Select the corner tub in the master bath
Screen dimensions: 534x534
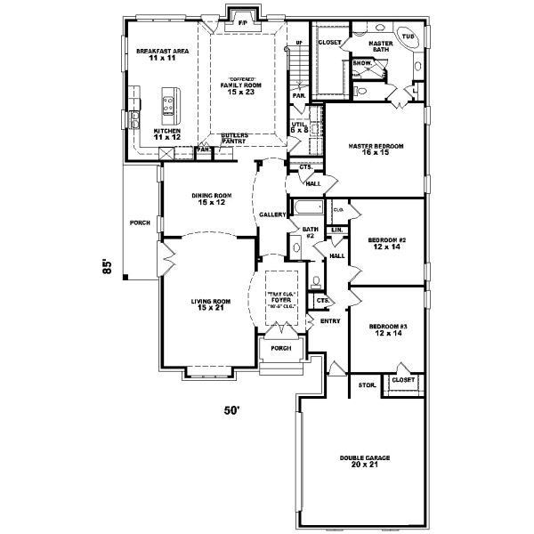point(409,39)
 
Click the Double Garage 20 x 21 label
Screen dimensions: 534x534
point(365,462)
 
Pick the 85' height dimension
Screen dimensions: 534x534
point(106,267)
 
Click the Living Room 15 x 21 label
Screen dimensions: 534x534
point(211,305)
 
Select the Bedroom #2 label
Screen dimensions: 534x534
point(387,243)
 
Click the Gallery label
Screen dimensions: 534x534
point(271,215)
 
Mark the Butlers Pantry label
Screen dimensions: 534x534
point(234,138)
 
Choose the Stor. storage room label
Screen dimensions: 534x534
point(366,384)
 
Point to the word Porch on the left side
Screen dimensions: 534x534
point(139,222)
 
